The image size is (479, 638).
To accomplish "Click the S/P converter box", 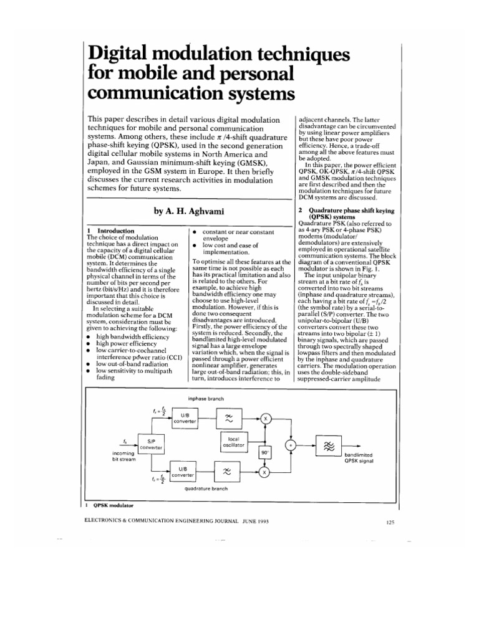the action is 151,444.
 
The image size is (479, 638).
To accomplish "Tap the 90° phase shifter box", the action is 264,454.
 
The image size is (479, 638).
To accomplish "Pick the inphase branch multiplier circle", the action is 264,418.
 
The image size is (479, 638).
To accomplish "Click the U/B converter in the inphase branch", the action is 184,418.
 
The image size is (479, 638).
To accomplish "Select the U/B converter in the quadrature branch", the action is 184,472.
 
